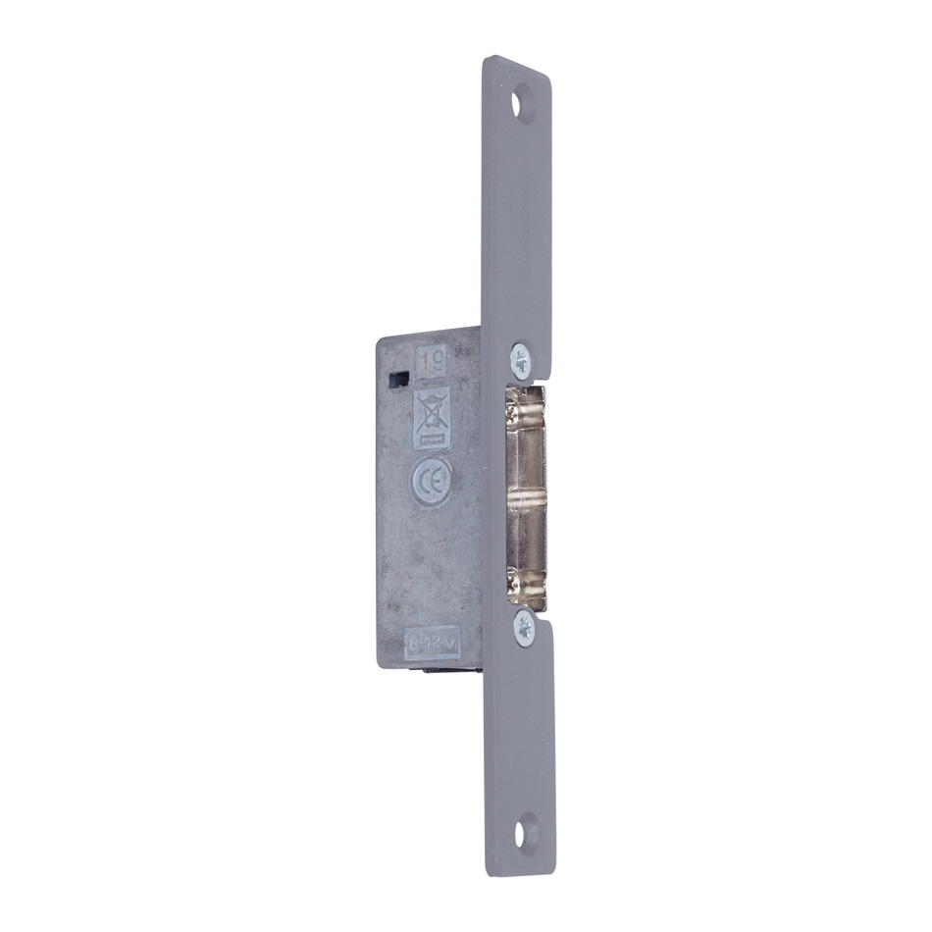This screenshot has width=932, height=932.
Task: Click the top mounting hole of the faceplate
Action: pyautogui.click(x=524, y=102)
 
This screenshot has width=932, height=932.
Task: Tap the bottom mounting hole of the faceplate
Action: pyautogui.click(x=528, y=833)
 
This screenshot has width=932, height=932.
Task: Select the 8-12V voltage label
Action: pyautogui.click(x=431, y=643)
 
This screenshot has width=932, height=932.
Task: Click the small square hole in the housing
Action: pyautogui.click(x=399, y=378)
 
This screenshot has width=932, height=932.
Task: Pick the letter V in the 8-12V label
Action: pyautogui.click(x=448, y=643)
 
